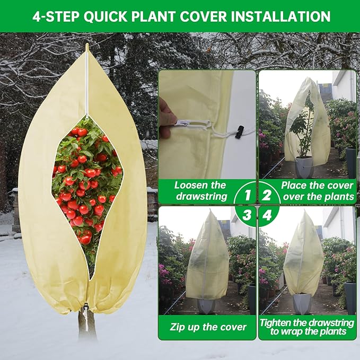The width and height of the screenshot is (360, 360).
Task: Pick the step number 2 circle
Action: (267, 195)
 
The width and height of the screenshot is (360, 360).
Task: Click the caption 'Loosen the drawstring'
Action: (200, 191)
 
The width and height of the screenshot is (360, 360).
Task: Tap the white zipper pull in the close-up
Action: (183, 124)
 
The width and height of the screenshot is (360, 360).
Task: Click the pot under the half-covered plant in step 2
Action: (304, 168)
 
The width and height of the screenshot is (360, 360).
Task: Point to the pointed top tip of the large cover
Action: (87, 48)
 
